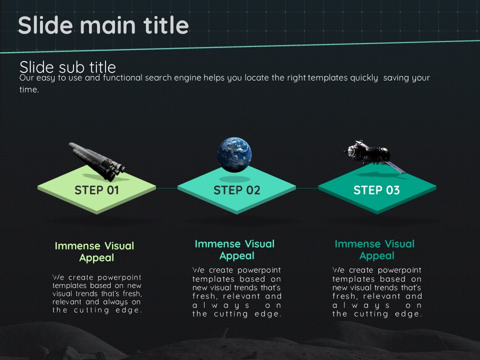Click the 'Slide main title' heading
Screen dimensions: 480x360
click(103, 25)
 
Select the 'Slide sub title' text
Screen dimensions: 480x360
click(67, 66)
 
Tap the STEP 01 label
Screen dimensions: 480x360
click(96, 190)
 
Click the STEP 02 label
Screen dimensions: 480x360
click(236, 190)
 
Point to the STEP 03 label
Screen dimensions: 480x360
click(376, 190)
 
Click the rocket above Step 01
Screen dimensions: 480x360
click(97, 161)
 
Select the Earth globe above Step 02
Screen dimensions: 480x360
click(234, 154)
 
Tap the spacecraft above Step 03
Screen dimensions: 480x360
click(373, 155)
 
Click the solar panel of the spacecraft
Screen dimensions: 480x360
click(395, 167)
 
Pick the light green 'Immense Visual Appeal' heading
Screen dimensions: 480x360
click(94, 251)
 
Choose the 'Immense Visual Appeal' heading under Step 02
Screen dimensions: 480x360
click(235, 250)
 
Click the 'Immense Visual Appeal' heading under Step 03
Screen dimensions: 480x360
click(374, 250)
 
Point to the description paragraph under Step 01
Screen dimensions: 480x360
click(96, 293)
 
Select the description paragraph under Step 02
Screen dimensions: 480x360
click(236, 291)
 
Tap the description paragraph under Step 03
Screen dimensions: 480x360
click(377, 291)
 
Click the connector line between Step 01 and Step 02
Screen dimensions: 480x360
click(167, 188)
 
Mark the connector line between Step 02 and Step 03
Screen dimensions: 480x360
click(307, 188)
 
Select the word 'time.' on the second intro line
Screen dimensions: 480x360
click(29, 89)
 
